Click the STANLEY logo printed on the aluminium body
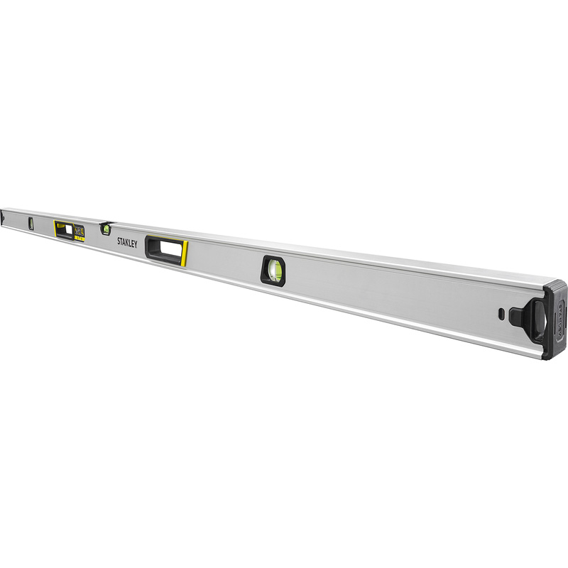tap(129, 241)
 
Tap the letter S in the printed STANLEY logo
tap(119, 240)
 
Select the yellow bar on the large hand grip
tap(185, 253)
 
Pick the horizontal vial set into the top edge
tap(105, 228)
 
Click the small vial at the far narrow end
tap(31, 222)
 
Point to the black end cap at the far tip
tap(3, 214)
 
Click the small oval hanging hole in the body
tap(502, 312)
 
